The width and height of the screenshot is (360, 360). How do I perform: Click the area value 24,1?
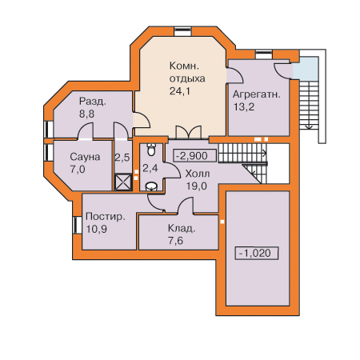point(180,91)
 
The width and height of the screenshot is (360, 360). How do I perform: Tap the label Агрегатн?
point(257,94)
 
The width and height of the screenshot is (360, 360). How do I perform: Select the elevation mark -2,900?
point(194,156)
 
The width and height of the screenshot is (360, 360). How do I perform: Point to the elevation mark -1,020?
point(256,253)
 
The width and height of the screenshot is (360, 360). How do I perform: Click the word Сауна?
point(85,157)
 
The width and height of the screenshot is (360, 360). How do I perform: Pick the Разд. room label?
point(93,102)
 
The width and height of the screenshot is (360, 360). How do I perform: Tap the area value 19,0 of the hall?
point(196,186)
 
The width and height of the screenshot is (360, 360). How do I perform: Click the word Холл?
point(198,174)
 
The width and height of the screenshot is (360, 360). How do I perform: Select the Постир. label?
point(106,217)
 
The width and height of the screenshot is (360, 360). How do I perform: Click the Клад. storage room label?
point(182,229)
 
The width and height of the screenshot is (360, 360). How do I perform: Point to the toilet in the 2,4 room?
point(151,150)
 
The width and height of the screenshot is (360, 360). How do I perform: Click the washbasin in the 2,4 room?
point(151,186)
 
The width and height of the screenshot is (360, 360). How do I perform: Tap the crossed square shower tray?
point(123,182)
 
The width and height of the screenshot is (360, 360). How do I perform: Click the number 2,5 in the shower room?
point(122,158)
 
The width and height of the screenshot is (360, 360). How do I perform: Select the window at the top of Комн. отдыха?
point(182,31)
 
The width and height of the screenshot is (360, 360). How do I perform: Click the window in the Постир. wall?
point(77,225)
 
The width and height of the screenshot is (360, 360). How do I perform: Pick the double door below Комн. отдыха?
point(188,132)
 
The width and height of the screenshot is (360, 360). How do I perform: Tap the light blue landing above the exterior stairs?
point(306,68)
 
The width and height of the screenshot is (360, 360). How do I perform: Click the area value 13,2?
point(244,107)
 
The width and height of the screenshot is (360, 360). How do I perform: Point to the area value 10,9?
point(97,229)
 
